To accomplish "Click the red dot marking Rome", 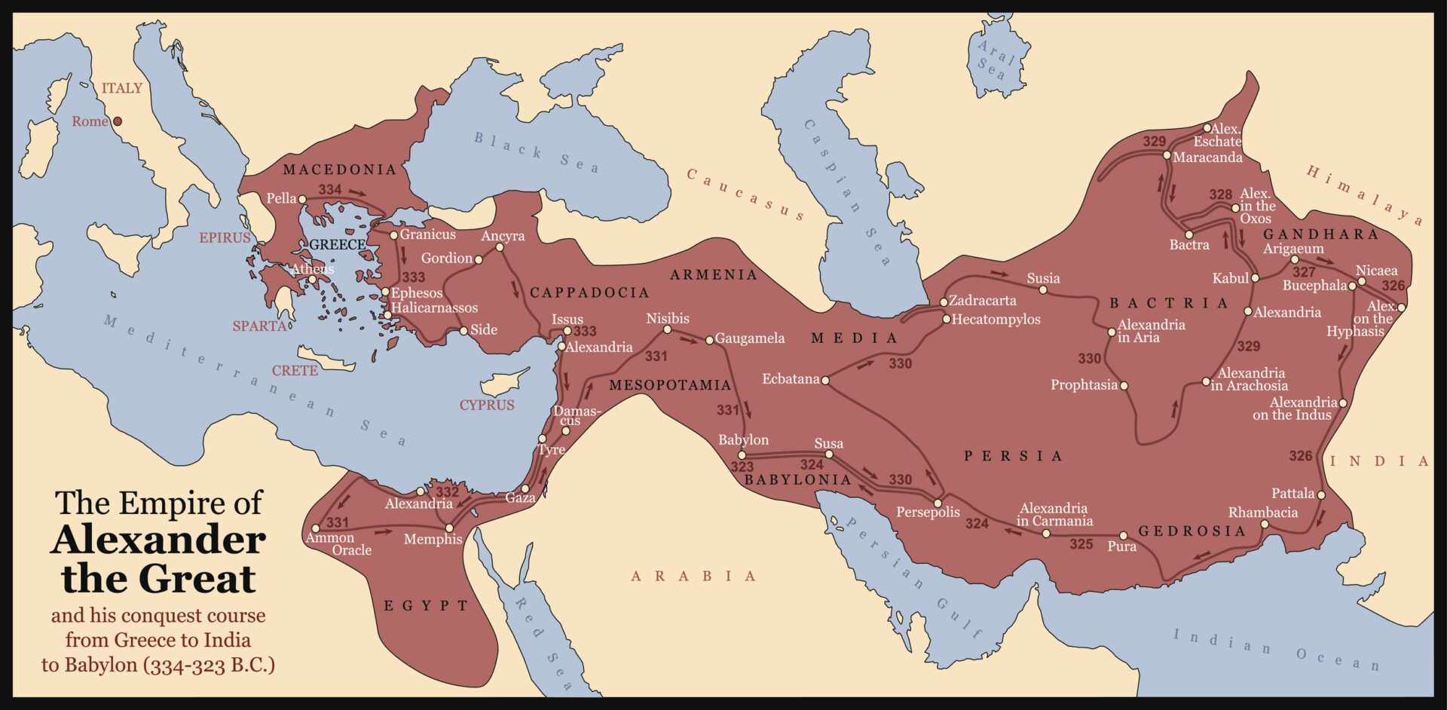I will coord(118,121).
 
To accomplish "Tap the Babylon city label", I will coord(743,440).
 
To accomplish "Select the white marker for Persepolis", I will coord(938,503).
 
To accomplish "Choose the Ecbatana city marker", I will coord(825,381).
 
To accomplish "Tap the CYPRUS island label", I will coord(487,405).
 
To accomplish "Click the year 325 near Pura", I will coord(1081,544).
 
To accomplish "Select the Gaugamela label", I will coord(749,338).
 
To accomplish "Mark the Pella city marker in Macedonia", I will coord(302,200).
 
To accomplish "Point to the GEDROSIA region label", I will coord(1192,531).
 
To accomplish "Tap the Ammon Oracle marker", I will coord(316,528).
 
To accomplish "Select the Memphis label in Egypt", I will coord(433,540).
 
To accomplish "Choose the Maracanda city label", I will coord(1207,158).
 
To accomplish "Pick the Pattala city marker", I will coord(1321,495).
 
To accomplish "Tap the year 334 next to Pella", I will coord(329,190).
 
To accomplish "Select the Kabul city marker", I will coord(1255,278).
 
